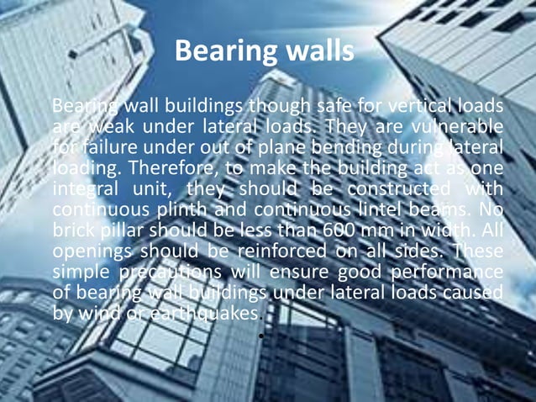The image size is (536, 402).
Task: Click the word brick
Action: [x=76, y=230]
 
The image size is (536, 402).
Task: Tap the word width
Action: [x=453, y=230]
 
